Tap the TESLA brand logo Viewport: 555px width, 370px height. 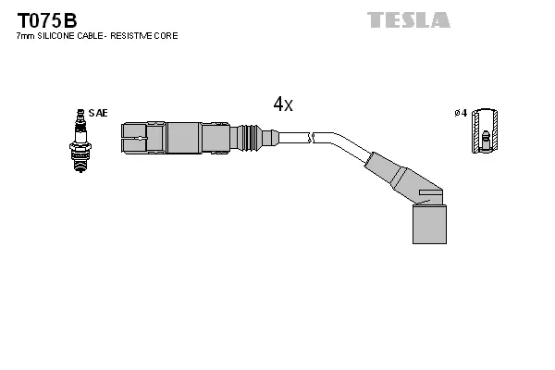pos(408,19)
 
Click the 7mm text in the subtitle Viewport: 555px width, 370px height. pos(26,36)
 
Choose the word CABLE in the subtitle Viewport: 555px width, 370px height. pos(96,36)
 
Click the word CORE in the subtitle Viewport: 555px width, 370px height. pos(167,36)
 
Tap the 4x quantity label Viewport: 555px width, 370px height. pos(283,105)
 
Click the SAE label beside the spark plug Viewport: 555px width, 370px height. pos(100,113)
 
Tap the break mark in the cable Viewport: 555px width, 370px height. pos(314,139)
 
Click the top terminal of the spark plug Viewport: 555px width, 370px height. pos(80,113)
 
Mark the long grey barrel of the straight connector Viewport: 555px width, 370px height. pos(185,139)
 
